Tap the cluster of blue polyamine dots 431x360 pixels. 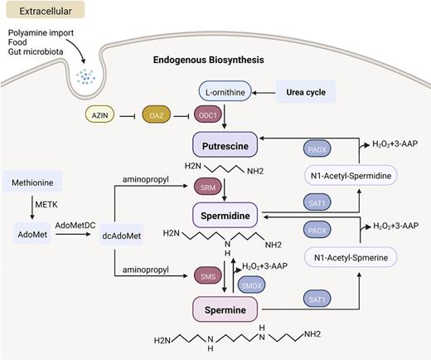coord(85,76)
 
